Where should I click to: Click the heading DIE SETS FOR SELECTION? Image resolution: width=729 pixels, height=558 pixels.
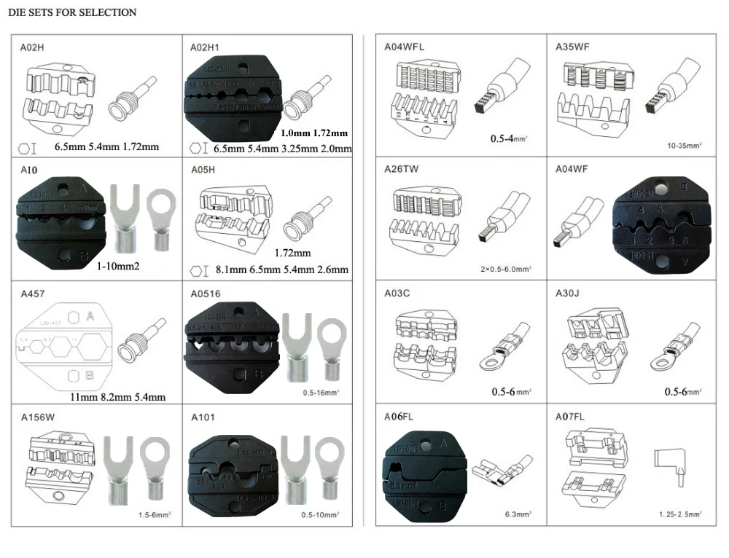click(71, 12)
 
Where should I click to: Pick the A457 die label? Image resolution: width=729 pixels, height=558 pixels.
click(33, 294)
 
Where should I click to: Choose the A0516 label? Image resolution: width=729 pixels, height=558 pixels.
click(206, 294)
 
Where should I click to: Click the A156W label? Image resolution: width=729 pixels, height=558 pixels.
click(36, 418)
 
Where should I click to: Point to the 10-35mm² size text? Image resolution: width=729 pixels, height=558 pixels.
click(684, 146)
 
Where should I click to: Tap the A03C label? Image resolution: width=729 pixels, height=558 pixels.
click(399, 294)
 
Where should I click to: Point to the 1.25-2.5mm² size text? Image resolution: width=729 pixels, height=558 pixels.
click(680, 515)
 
